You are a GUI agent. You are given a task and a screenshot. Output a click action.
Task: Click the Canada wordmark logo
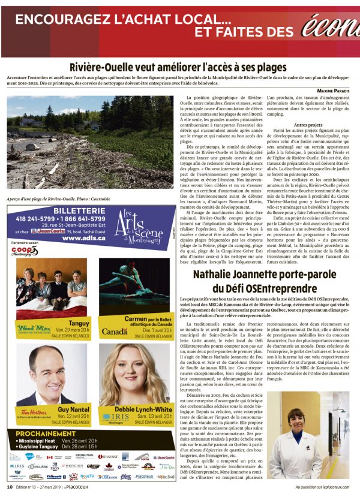click(114, 331)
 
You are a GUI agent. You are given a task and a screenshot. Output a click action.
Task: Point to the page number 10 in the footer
click(10, 487)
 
